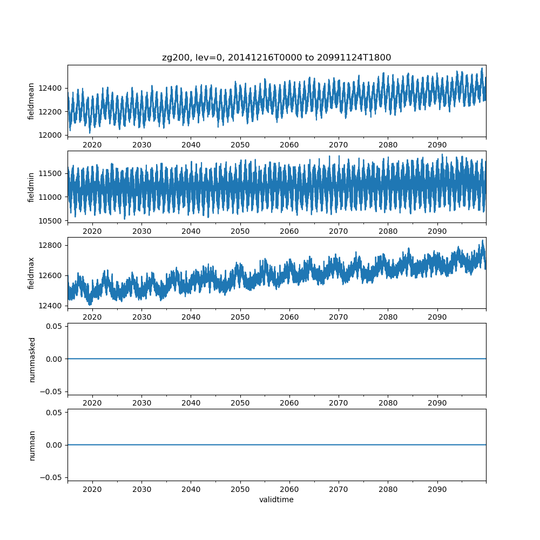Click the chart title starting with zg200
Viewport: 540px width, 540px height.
(x=276, y=57)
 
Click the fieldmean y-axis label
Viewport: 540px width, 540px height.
(x=31, y=102)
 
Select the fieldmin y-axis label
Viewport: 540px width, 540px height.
(x=31, y=187)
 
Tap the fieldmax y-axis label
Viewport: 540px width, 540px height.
(x=31, y=273)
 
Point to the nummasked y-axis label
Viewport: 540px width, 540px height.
(x=31, y=359)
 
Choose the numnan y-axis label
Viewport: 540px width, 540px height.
(x=31, y=445)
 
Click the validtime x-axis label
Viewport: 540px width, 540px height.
(x=276, y=500)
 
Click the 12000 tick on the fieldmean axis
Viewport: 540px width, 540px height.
(x=52, y=135)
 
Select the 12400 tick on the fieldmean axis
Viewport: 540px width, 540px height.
(x=52, y=88)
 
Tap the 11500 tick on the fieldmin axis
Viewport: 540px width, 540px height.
(x=52, y=173)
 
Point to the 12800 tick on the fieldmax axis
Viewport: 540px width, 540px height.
(x=52, y=245)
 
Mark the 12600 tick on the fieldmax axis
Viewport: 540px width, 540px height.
(x=52, y=275)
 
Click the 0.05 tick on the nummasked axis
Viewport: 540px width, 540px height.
(x=55, y=326)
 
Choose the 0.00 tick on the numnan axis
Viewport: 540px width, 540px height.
(x=55, y=445)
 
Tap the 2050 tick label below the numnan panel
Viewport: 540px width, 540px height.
(x=240, y=489)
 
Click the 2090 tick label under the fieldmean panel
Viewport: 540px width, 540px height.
(x=437, y=145)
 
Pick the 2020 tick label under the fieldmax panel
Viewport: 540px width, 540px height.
(x=92, y=317)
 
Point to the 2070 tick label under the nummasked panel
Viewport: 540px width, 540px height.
(x=339, y=403)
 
